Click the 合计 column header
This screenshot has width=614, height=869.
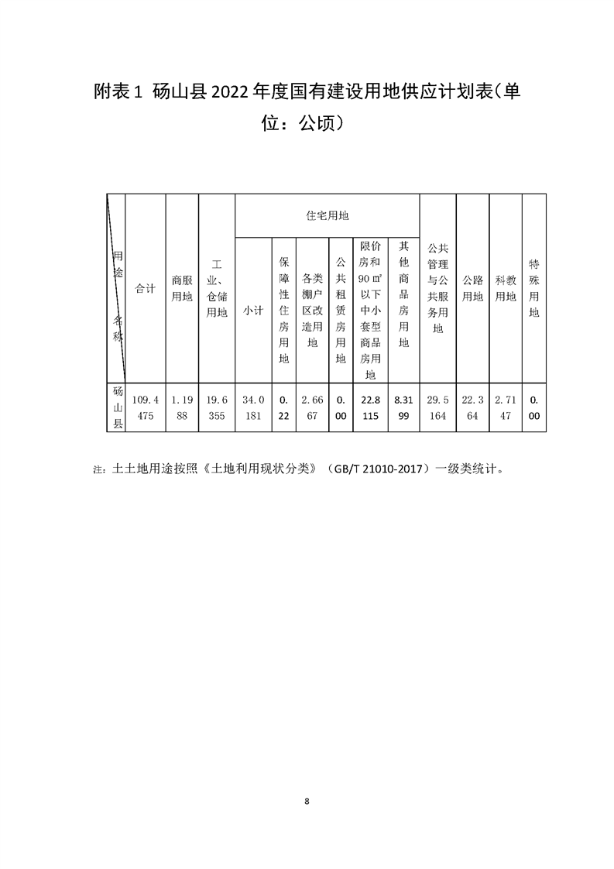[x=146, y=289]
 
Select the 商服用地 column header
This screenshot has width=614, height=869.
[x=182, y=289]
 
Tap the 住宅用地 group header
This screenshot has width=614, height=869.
[x=327, y=215]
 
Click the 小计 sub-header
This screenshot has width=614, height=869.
[x=253, y=311]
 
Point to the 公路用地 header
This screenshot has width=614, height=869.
[x=472, y=289]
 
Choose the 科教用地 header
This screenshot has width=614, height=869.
[x=506, y=289]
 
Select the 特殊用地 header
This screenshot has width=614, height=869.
[x=533, y=289]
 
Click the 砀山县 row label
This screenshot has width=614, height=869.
[x=118, y=407]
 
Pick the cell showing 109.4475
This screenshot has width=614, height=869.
[x=146, y=407]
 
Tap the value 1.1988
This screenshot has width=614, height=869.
[x=182, y=407]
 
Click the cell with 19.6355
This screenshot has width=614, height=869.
[x=217, y=407]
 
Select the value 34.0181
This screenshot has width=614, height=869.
[x=253, y=407]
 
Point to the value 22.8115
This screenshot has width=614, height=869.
[x=370, y=407]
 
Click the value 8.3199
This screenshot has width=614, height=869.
[x=403, y=407]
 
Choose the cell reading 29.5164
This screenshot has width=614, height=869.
[x=437, y=407]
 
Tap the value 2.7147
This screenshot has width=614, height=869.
[x=506, y=407]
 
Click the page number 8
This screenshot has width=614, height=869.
[x=307, y=801]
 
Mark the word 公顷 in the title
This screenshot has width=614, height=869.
[x=317, y=123]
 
